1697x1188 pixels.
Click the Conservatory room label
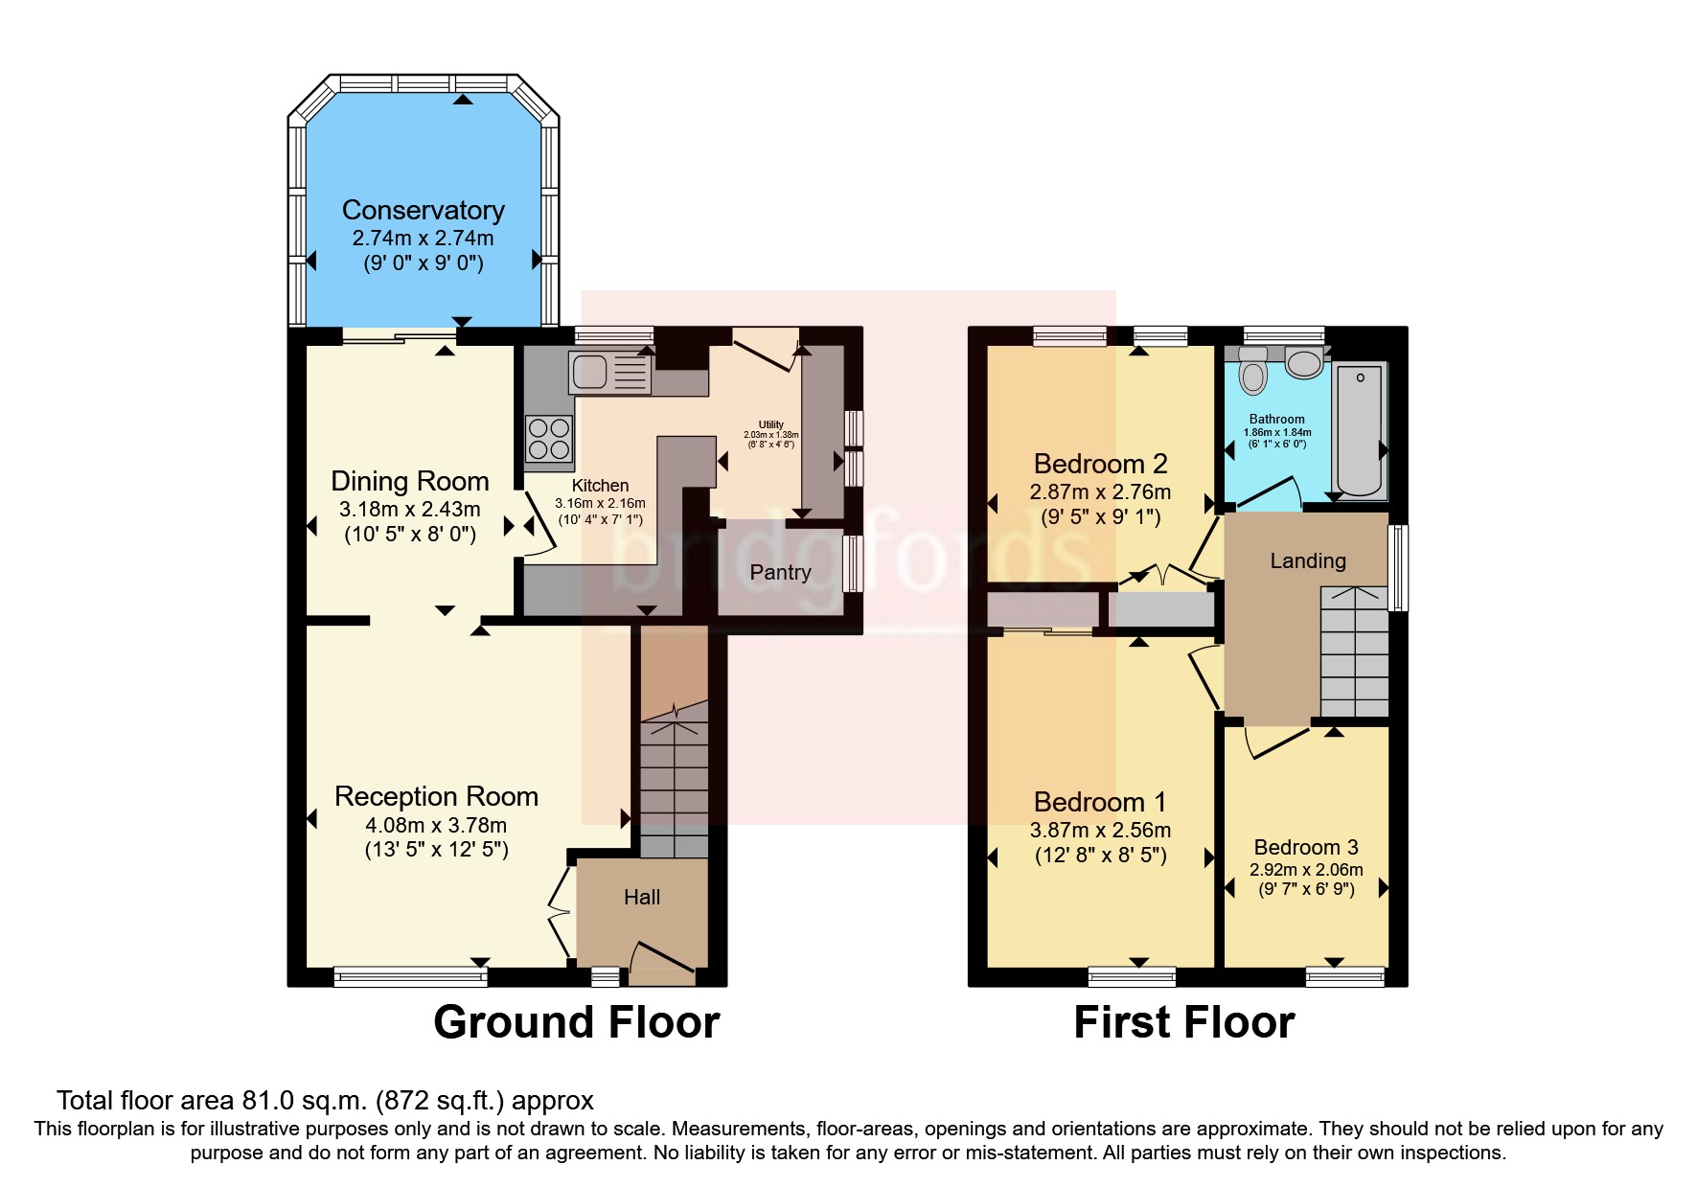click(423, 210)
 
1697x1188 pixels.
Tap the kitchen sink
click(609, 373)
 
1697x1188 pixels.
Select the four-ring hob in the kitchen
click(548, 438)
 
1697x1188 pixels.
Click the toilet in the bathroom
click(1252, 372)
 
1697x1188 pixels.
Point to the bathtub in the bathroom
click(1361, 431)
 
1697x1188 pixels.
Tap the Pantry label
click(780, 572)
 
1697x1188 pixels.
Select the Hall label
click(642, 898)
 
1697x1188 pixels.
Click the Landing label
click(1307, 561)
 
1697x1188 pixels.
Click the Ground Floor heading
click(576, 1022)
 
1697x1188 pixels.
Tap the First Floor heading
click(1183, 1022)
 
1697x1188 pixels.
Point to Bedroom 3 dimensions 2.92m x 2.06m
click(1305, 870)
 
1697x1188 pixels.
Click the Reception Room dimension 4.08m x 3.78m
click(436, 825)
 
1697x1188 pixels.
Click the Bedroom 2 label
click(1100, 465)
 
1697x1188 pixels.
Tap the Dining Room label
click(409, 481)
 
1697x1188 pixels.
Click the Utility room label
click(770, 424)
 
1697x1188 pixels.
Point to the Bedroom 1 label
click(1100, 802)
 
